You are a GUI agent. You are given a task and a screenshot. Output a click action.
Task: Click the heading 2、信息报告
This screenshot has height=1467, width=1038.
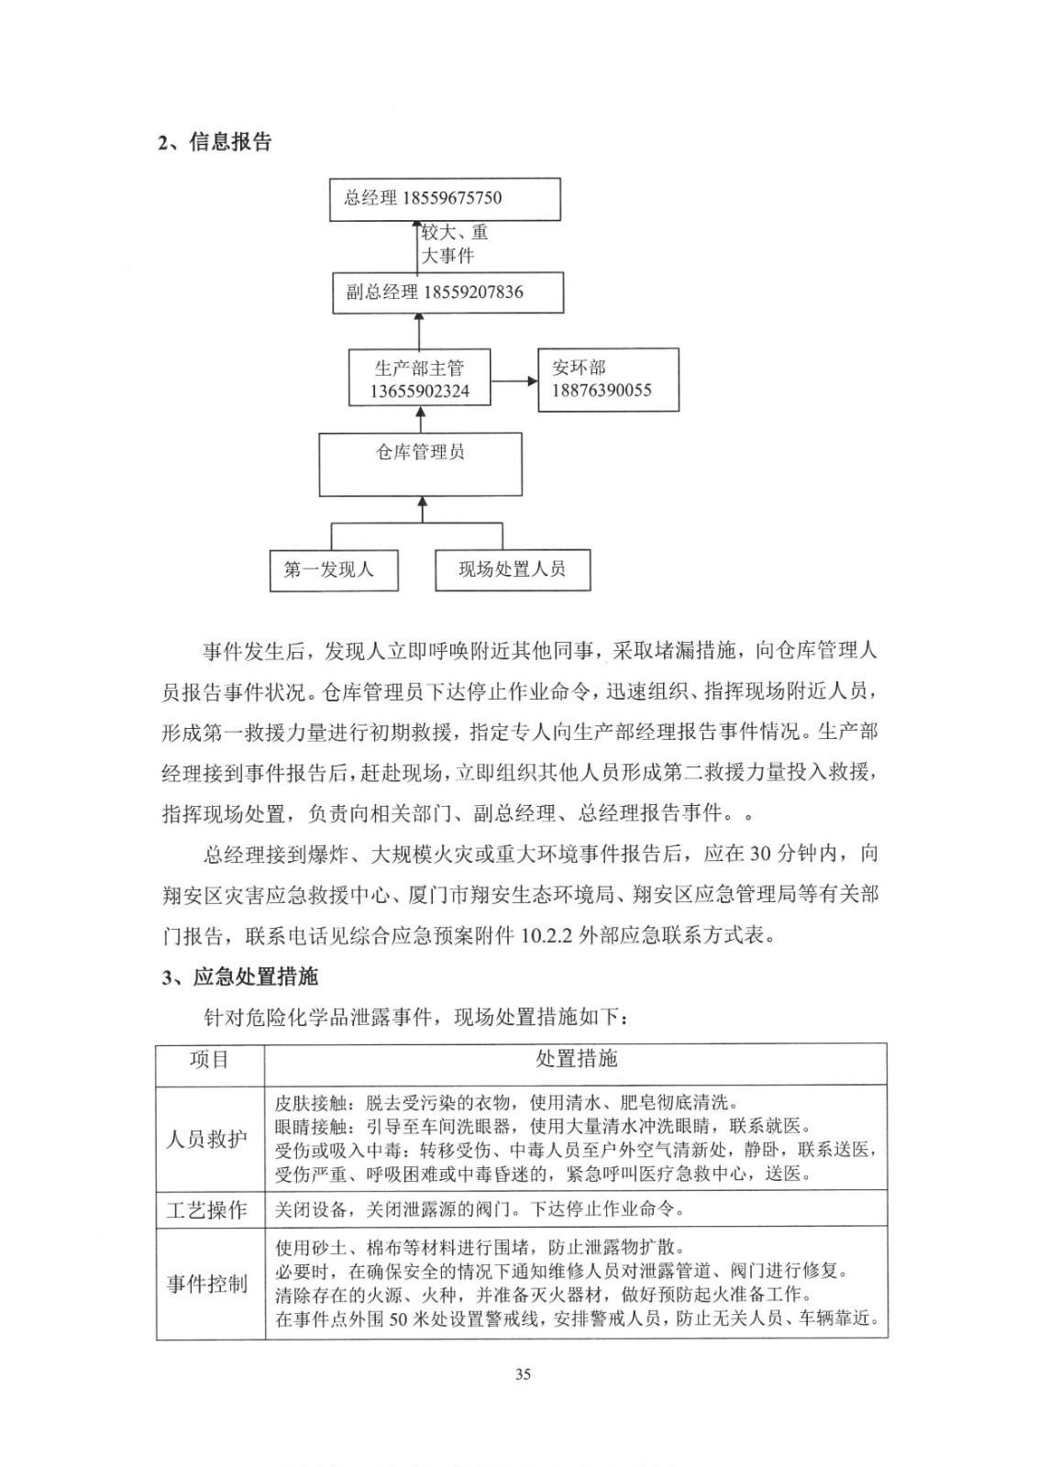coord(215,142)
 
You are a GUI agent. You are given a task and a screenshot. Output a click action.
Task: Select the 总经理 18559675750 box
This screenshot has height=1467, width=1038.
coord(445,199)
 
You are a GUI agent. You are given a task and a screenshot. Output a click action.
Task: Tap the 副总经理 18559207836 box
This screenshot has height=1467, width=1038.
coord(447,293)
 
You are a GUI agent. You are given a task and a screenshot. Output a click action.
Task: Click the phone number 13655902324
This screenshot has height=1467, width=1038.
coord(419,392)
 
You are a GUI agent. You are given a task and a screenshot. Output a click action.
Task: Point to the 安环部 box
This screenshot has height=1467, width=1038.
coord(608,379)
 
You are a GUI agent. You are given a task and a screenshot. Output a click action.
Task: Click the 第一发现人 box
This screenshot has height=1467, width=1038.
coord(334,569)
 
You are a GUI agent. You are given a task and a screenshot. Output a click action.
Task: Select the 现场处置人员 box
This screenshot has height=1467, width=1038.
coord(512,569)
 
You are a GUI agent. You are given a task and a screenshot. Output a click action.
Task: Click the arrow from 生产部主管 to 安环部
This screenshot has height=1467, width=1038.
coord(514,380)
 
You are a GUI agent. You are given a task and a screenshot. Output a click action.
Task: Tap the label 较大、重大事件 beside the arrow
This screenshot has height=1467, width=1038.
coord(454,244)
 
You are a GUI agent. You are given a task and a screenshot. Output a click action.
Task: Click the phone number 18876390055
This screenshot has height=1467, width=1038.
coord(602,391)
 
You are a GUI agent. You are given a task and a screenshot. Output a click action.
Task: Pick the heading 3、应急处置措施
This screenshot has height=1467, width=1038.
coord(240,977)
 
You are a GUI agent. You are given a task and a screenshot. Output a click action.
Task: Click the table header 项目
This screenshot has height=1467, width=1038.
coord(209,1061)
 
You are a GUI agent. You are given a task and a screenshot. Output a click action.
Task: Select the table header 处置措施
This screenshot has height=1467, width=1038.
coord(576,1060)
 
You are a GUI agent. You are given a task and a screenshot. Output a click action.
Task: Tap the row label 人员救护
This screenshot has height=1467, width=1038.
coord(207,1140)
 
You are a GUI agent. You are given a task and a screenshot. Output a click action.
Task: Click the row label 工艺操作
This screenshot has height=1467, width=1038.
coord(207,1210)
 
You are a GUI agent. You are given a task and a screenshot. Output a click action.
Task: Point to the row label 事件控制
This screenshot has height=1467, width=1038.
coord(207,1284)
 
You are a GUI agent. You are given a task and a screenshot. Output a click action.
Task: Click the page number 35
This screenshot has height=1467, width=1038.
coord(524,1373)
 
